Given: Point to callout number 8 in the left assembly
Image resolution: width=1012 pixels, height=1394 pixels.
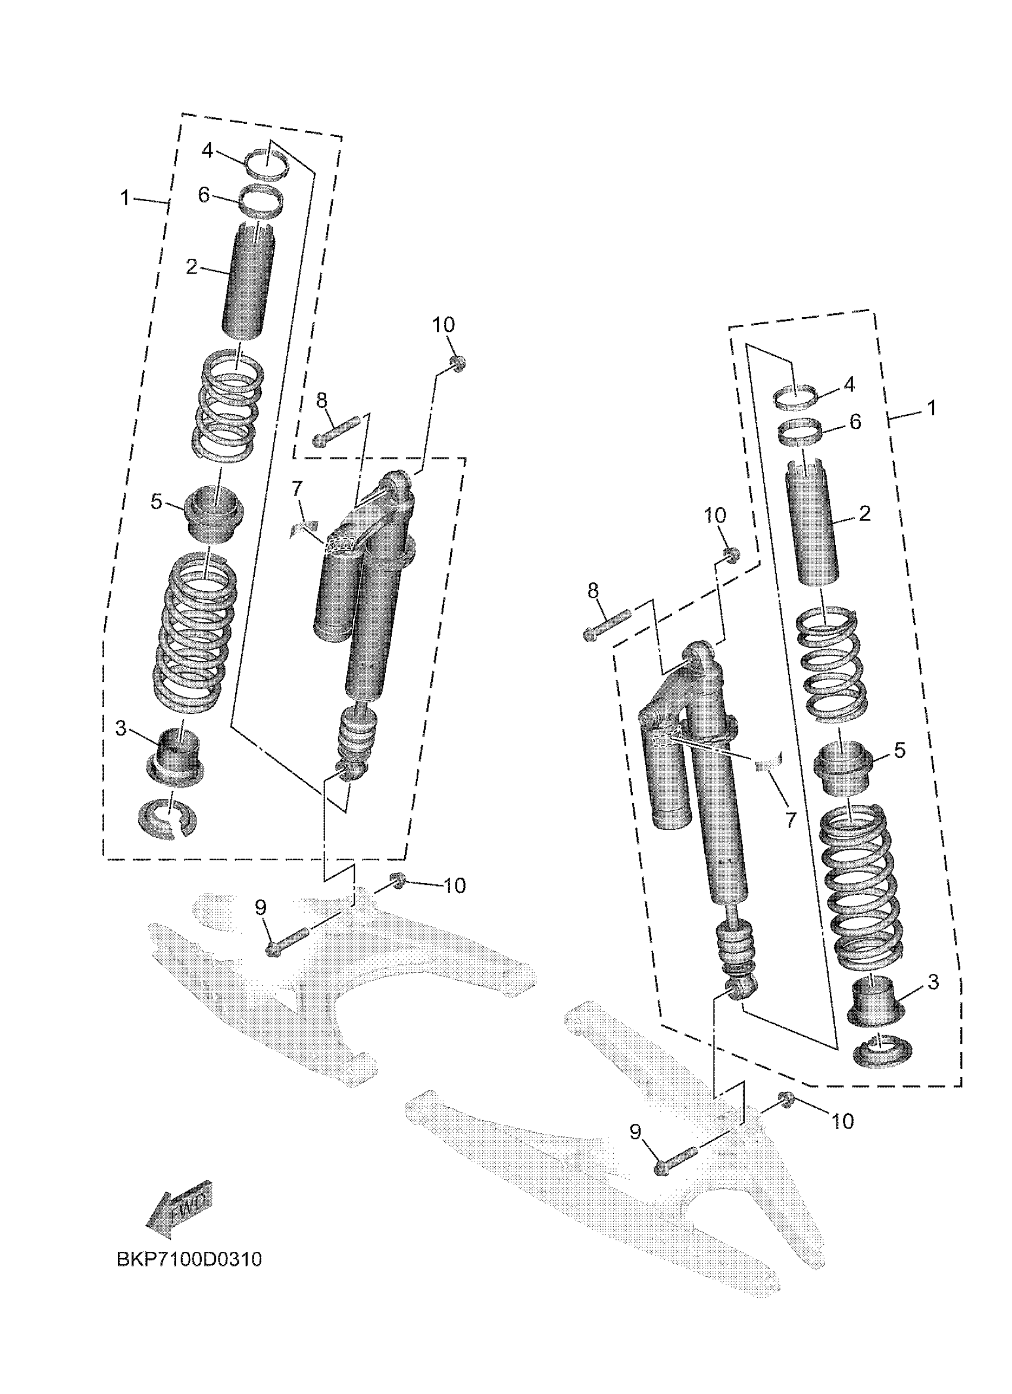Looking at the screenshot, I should point(321,401).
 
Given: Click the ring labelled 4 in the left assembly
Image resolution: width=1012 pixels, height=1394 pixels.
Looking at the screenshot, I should point(268,167).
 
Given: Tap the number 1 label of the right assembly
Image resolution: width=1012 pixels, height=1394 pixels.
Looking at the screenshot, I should point(931,408).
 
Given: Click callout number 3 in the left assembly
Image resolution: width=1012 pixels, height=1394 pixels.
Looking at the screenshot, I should point(121,729).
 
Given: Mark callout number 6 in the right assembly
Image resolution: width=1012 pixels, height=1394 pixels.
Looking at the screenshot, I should point(855,422).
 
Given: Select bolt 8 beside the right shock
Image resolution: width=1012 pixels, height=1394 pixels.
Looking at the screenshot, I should point(606,625).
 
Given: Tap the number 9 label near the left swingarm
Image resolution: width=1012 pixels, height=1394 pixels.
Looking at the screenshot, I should point(261,907).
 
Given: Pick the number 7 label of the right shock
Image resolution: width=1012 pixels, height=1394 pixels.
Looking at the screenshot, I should point(791,819).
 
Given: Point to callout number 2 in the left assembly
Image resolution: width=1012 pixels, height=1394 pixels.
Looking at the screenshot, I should point(192,267).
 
